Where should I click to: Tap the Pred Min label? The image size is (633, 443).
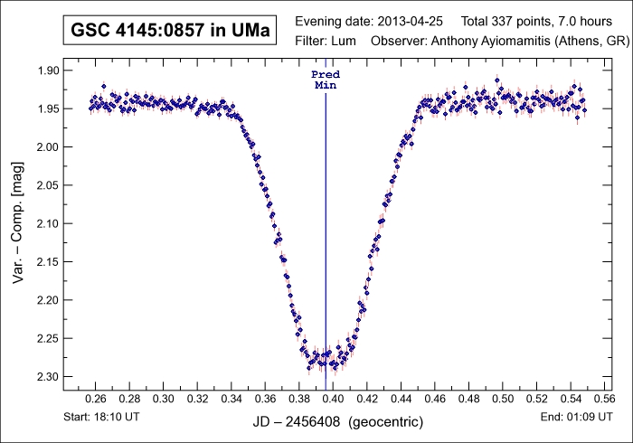[326, 79]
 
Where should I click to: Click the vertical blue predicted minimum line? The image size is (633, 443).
[326, 226]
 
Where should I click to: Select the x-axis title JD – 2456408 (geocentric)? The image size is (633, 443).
[333, 422]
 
